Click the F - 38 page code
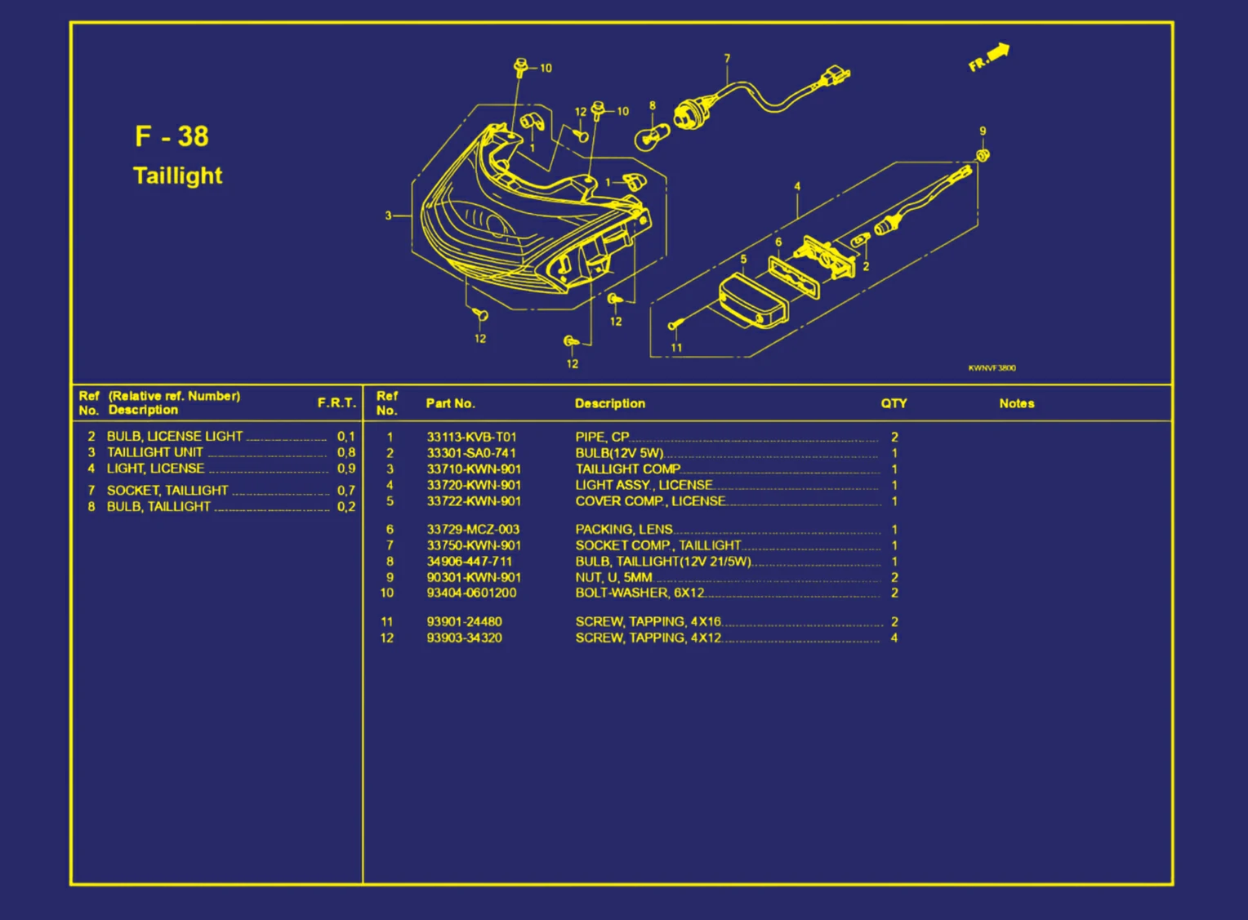(172, 136)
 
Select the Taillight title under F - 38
(177, 176)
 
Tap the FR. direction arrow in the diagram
(989, 57)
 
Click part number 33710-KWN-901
(474, 469)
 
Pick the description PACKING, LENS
(624, 530)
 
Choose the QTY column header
(894, 403)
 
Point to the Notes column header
(1016, 403)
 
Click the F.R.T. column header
(337, 403)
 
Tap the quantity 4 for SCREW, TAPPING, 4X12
(894, 638)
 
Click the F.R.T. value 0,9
(346, 469)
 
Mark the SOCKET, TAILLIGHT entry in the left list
(167, 491)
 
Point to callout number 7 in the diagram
(727, 59)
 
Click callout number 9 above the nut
(983, 131)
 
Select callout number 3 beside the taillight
(389, 216)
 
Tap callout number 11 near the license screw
(676, 348)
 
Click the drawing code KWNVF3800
(992, 368)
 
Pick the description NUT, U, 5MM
(613, 578)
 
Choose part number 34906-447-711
(470, 562)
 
